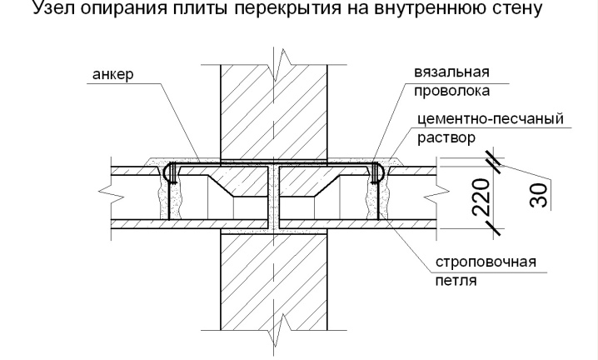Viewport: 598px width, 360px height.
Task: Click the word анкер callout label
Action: click(113, 74)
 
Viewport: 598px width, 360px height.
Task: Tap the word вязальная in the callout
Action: click(451, 72)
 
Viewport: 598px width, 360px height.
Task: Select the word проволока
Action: click(452, 91)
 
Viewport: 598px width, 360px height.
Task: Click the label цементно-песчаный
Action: click(491, 119)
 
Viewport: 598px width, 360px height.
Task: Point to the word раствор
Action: click(446, 137)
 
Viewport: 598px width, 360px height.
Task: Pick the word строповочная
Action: click(486, 262)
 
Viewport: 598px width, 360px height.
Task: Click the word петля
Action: click(456, 281)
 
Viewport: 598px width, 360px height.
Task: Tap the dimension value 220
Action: click(481, 197)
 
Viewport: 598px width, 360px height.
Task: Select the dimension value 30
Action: click(539, 195)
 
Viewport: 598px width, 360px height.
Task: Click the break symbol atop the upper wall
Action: click(282, 64)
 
